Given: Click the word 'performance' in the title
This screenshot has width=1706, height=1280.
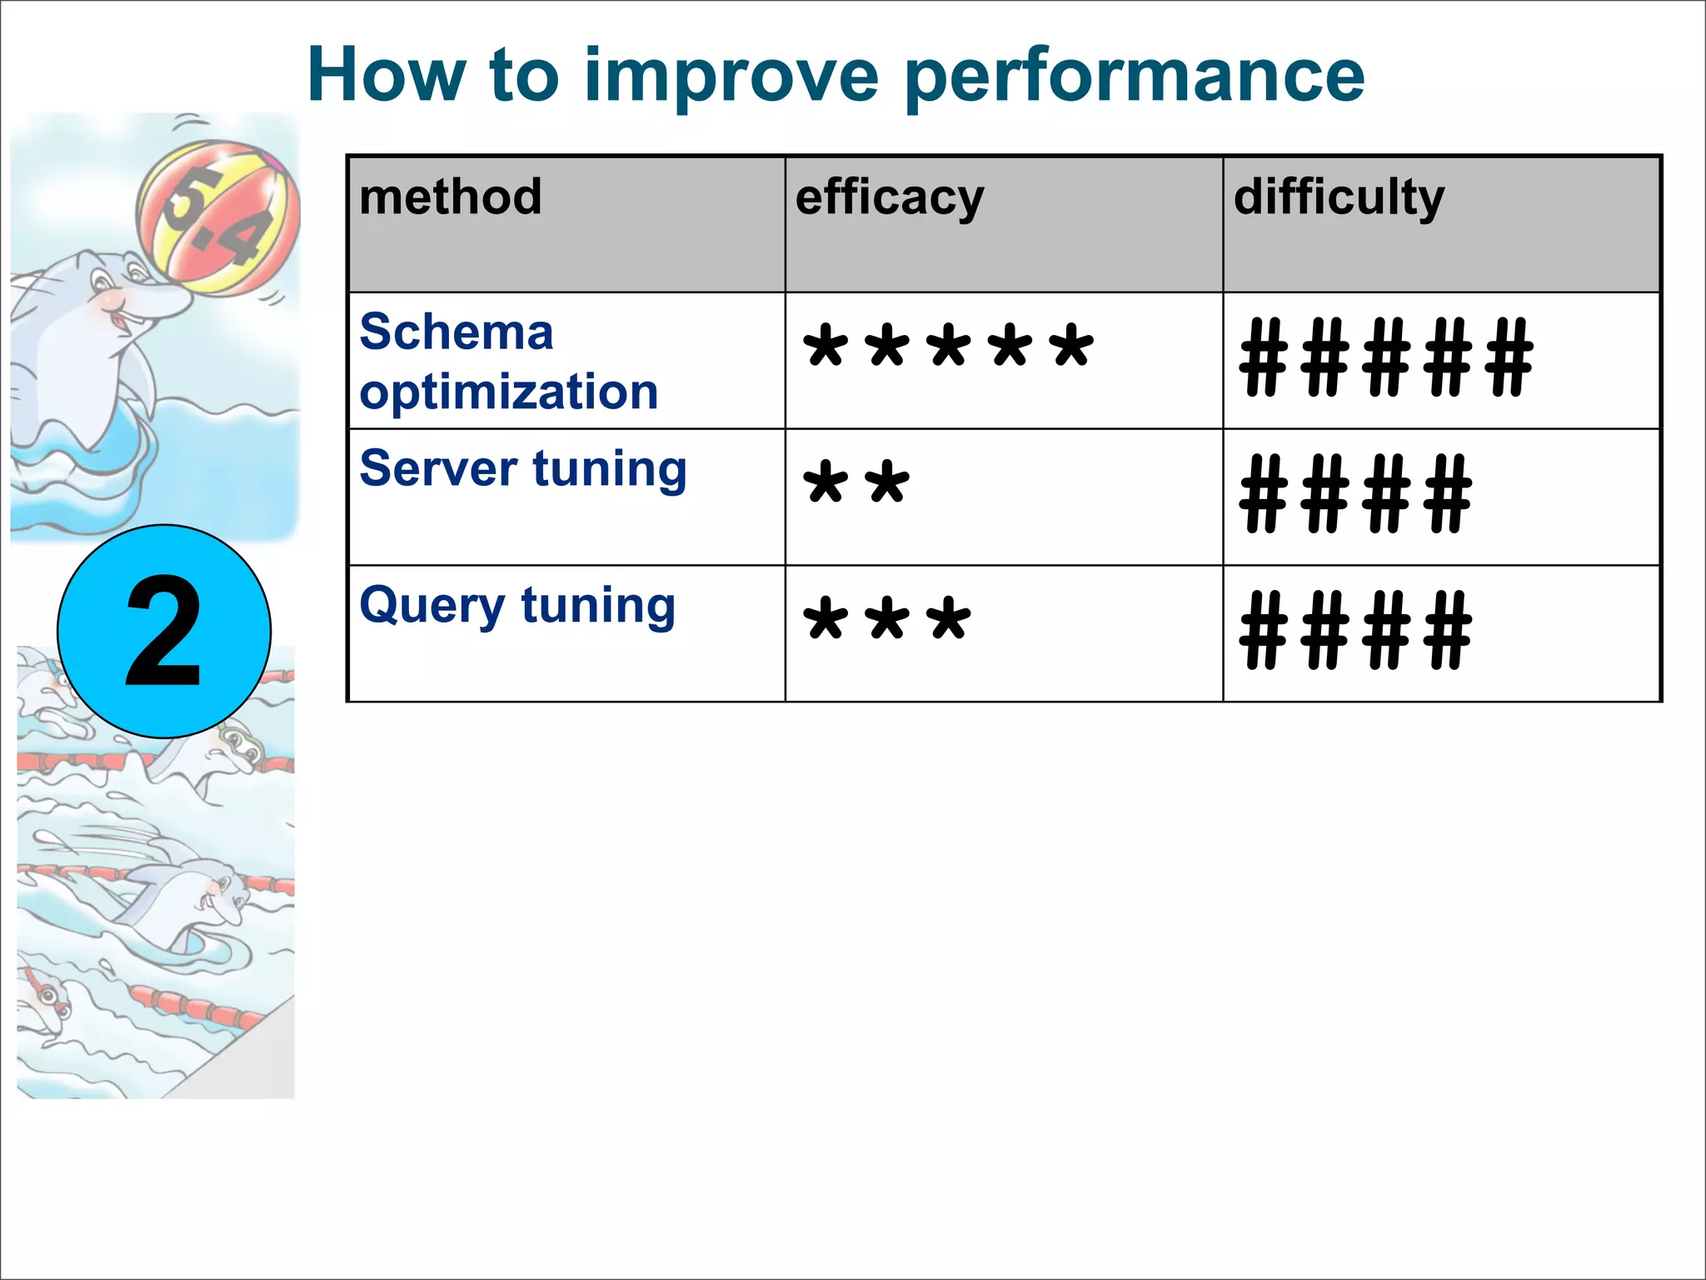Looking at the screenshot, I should [1134, 77].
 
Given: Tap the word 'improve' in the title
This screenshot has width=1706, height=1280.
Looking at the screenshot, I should [731, 77].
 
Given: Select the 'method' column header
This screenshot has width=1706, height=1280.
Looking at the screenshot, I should [451, 197].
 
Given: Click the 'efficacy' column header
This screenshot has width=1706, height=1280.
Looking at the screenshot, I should [890, 198].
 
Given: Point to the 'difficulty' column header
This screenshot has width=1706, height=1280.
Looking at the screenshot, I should [1339, 198].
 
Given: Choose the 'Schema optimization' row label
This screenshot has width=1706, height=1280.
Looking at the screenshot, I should [508, 362].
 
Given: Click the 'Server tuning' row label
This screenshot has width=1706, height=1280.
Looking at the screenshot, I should [523, 469].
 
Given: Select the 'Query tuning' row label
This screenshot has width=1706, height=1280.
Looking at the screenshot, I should [517, 606].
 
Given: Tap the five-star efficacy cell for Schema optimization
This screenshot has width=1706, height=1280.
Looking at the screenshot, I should [947, 347].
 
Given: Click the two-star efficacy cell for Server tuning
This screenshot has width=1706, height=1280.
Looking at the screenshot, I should [855, 484].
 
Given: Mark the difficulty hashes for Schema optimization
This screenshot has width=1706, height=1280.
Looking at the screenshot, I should [1386, 357].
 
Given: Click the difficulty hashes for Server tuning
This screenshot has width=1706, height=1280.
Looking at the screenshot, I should [1355, 494].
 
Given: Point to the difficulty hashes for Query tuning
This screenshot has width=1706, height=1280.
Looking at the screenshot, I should [1355, 631].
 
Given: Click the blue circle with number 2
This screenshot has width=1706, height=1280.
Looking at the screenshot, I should [164, 632].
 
